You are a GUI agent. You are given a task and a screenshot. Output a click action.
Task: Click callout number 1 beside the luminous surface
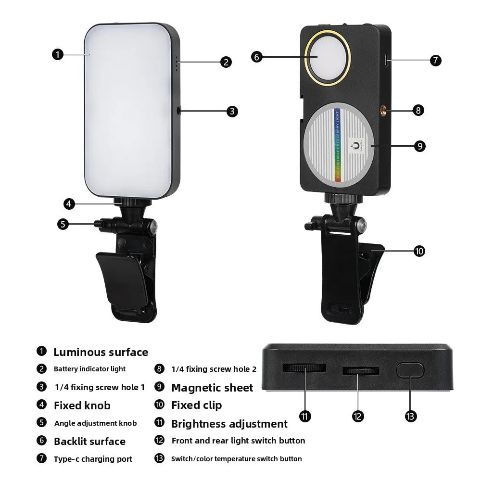(x=57, y=54)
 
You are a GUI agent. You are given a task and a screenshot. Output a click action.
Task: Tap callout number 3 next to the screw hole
(x=232, y=111)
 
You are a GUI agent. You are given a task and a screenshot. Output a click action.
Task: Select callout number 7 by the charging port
(x=435, y=60)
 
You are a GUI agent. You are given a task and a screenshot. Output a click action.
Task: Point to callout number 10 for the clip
(x=419, y=251)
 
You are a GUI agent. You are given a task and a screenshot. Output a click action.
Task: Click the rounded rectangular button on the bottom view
(x=410, y=370)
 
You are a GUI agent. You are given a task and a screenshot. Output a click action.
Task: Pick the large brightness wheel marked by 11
(x=304, y=368)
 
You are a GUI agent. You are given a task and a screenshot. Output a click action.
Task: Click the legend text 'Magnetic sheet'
(x=212, y=388)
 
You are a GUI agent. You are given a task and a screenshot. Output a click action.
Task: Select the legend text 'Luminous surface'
(x=101, y=352)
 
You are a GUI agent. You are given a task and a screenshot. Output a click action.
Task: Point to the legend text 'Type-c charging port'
(x=93, y=459)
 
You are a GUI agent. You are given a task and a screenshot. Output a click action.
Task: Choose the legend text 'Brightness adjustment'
(x=229, y=424)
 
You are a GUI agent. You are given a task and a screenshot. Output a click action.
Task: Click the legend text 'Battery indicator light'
(x=89, y=369)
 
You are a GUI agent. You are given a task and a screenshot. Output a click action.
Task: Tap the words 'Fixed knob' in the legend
(x=82, y=405)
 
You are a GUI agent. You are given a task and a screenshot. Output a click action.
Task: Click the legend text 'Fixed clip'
(x=196, y=405)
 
